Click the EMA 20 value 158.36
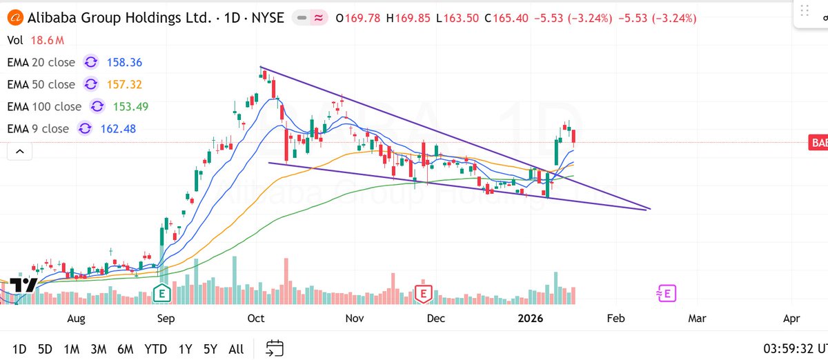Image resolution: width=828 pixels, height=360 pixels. click(x=124, y=63)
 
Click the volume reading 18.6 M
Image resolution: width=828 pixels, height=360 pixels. click(x=43, y=41)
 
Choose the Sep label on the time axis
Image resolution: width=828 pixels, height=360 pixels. click(x=166, y=319)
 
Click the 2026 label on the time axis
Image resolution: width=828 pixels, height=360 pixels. click(x=531, y=319)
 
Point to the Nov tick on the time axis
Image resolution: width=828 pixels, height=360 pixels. click(x=355, y=319)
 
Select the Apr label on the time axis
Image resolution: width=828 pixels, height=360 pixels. click(x=791, y=319)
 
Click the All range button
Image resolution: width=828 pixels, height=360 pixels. click(x=235, y=349)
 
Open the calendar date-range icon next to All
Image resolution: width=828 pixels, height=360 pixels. click(x=275, y=348)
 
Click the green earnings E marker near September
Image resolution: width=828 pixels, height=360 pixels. click(x=161, y=293)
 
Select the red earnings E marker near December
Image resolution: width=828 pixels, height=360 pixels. click(x=422, y=294)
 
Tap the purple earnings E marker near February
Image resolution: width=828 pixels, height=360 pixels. click(x=667, y=294)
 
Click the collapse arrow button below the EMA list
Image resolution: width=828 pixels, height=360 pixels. click(x=19, y=151)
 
